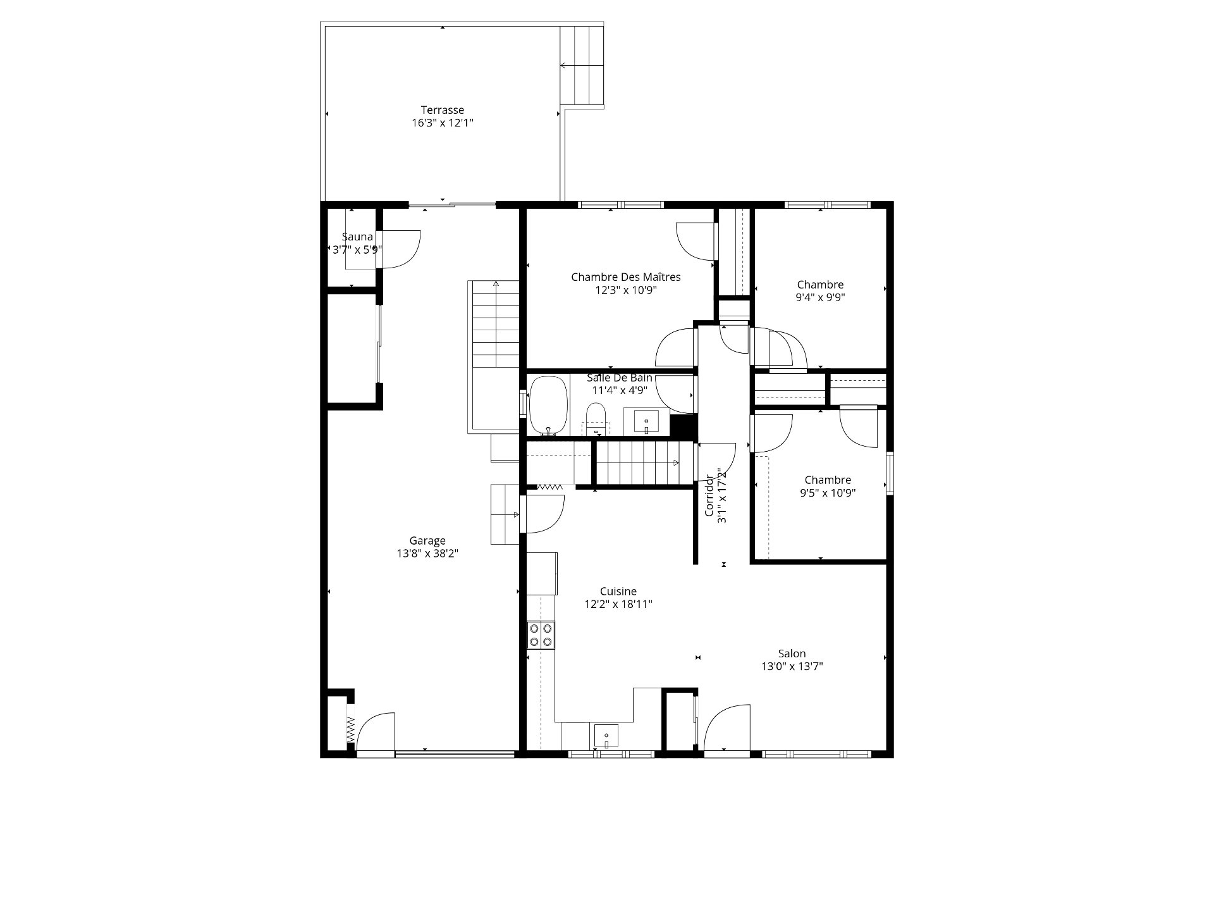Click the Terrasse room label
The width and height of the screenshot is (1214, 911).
(x=443, y=109)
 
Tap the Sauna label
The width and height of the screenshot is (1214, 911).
(x=357, y=237)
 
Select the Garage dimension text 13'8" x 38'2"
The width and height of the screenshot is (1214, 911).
(x=427, y=554)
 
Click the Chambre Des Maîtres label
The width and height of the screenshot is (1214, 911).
(x=626, y=277)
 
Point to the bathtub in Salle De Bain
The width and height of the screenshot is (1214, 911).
(x=548, y=406)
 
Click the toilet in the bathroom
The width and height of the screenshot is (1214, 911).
(x=596, y=420)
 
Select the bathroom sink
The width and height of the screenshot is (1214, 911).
(x=646, y=421)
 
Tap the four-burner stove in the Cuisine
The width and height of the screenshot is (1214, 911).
(x=541, y=635)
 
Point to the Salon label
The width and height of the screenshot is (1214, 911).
(x=792, y=654)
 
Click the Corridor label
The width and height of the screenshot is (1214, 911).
(x=709, y=495)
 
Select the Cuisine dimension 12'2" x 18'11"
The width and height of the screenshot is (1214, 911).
(x=618, y=604)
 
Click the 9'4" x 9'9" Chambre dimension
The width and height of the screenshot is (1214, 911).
(x=820, y=297)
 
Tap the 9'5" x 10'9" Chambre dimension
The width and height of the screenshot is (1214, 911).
(x=828, y=493)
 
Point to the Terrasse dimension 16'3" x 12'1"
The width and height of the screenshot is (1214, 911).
(x=443, y=123)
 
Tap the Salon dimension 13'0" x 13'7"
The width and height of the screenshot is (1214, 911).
(x=792, y=666)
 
